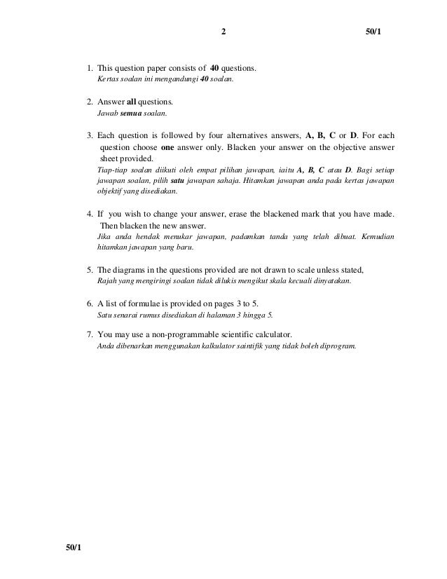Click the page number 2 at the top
click(223, 32)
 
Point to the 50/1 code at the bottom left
click(74, 546)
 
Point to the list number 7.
click(89, 334)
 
